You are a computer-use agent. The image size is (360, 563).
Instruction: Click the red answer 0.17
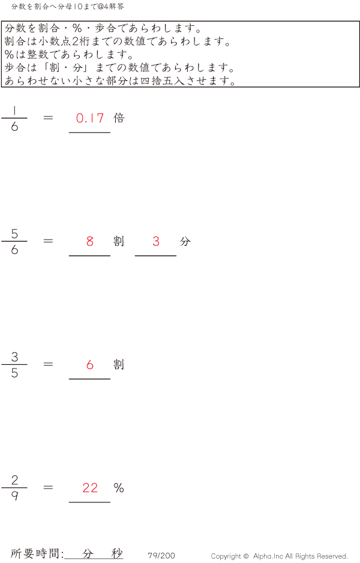point(90,118)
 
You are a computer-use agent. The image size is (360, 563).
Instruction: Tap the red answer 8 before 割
point(90,241)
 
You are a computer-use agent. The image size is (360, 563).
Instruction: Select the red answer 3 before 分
point(156,241)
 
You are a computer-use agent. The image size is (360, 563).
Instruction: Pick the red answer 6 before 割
point(90,364)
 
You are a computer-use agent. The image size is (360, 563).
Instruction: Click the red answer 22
point(90,487)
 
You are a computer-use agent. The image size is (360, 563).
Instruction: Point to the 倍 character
point(119,118)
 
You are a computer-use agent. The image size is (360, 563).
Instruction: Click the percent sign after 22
point(119,487)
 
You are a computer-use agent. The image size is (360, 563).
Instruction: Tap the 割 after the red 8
point(119,241)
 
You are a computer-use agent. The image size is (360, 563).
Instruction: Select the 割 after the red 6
point(119,364)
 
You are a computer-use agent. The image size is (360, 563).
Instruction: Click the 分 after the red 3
point(185,241)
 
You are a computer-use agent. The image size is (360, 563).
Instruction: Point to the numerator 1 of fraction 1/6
point(14,110)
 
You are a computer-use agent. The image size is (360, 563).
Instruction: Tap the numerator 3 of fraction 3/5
point(14,357)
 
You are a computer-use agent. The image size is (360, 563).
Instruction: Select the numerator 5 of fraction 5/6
point(14,233)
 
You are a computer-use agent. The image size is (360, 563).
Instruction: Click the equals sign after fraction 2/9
point(49,487)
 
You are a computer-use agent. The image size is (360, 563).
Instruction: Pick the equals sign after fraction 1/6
point(49,118)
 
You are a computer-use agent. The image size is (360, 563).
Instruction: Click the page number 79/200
point(161,556)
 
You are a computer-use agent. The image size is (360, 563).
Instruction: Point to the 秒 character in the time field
point(116,554)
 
